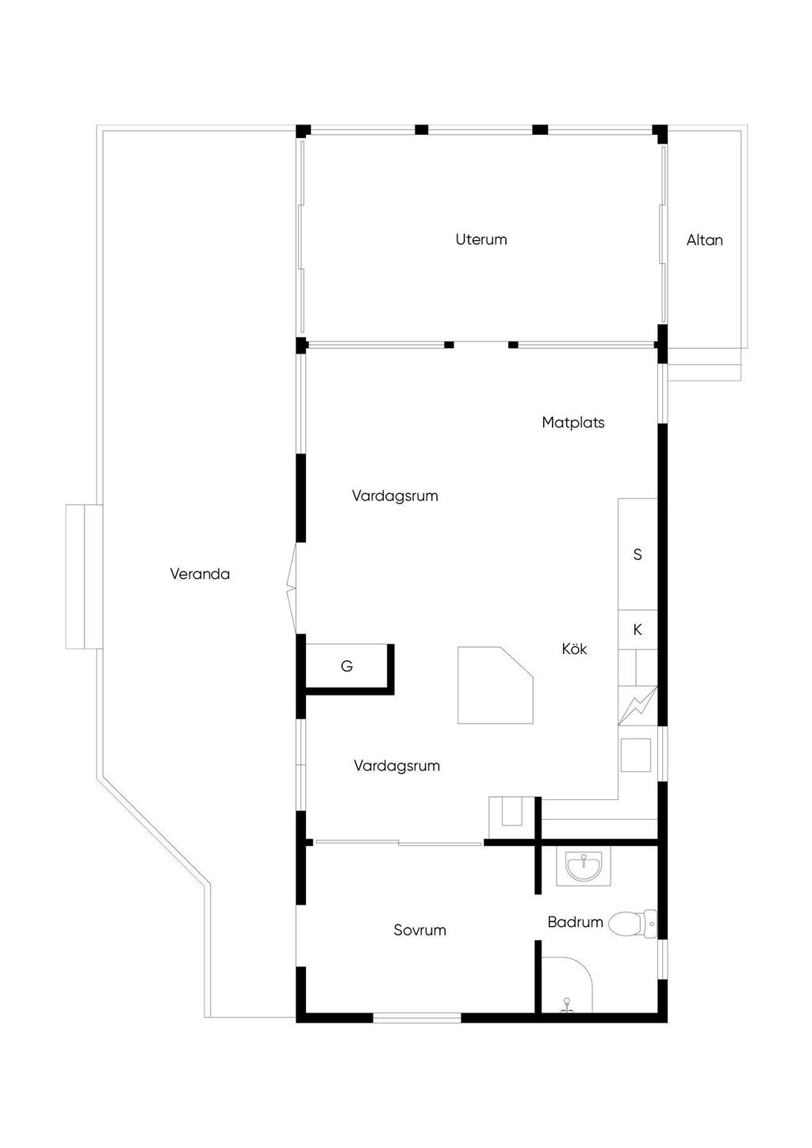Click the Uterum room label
481,239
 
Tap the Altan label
704,240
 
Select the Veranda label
200,573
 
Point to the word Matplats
573,423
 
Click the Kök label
574,649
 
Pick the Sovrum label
419,930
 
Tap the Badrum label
575,922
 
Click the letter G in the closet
347,666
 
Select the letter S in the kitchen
638,554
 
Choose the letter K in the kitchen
638,629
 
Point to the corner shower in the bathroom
567,985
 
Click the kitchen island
495,685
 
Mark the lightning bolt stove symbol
638,706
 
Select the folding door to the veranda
292,588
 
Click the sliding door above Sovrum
398,842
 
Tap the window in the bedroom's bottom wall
416,1018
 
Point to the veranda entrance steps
84,576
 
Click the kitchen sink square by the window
636,755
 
